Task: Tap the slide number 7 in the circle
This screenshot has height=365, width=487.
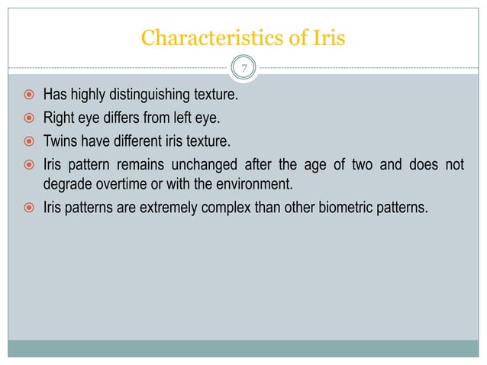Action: (x=243, y=69)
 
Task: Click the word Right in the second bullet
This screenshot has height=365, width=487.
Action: (x=58, y=118)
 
